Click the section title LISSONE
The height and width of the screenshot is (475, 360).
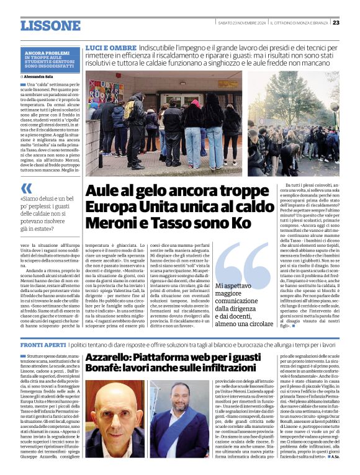[x=50, y=25]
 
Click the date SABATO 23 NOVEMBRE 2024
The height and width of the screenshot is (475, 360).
[x=241, y=23]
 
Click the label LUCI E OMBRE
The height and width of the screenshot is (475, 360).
[x=110, y=48]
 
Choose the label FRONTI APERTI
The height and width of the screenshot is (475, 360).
[x=42, y=344]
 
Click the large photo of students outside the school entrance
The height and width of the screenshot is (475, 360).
[x=163, y=124]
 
